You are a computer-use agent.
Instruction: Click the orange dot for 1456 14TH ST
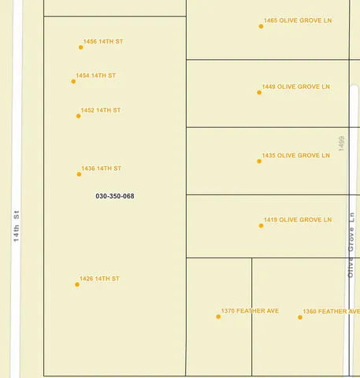(80, 47)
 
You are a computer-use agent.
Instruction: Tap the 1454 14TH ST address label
(96, 76)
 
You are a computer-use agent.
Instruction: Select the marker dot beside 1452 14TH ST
(78, 116)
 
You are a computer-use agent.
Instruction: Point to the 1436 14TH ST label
(102, 169)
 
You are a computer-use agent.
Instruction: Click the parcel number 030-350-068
(115, 196)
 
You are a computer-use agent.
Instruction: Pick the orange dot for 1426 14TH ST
(77, 284)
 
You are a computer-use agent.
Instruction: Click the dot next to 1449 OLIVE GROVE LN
(259, 92)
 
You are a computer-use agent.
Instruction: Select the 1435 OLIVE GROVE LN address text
(296, 156)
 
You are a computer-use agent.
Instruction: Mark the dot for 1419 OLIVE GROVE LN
(262, 226)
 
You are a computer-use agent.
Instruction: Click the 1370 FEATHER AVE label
(250, 311)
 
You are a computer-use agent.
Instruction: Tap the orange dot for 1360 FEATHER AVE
(301, 317)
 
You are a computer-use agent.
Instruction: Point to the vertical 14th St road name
(16, 225)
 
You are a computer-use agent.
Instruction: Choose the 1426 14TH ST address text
(99, 279)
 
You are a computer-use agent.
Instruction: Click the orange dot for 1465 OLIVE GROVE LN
(261, 26)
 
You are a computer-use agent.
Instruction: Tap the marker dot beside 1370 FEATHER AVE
(218, 317)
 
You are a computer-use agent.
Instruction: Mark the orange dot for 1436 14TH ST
(79, 174)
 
